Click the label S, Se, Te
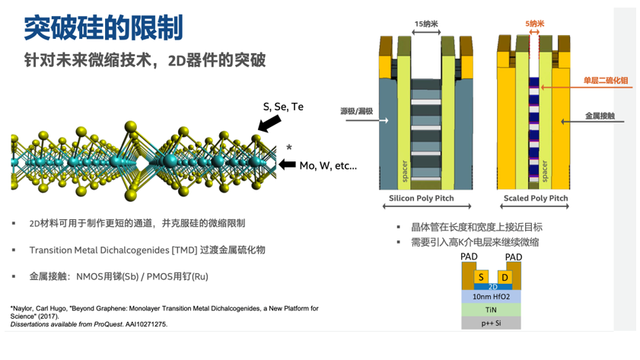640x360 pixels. point(283,107)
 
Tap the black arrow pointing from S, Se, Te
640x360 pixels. point(269,123)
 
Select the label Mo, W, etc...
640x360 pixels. point(328,166)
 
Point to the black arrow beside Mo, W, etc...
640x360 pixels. point(288,165)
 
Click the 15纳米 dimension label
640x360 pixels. point(426,24)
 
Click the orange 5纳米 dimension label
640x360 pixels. point(535,24)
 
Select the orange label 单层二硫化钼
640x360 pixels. point(606,81)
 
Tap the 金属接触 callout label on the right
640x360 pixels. point(600,116)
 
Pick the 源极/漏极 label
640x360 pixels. point(357,111)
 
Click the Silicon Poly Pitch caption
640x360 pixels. point(422,199)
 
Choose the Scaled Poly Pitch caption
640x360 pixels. point(536,199)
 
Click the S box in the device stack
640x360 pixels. point(481,277)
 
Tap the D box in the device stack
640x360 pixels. point(505,277)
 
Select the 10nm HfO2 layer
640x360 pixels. point(491,297)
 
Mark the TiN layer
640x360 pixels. point(491,310)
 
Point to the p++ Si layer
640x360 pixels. point(491,323)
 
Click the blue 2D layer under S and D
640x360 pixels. point(493,287)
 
